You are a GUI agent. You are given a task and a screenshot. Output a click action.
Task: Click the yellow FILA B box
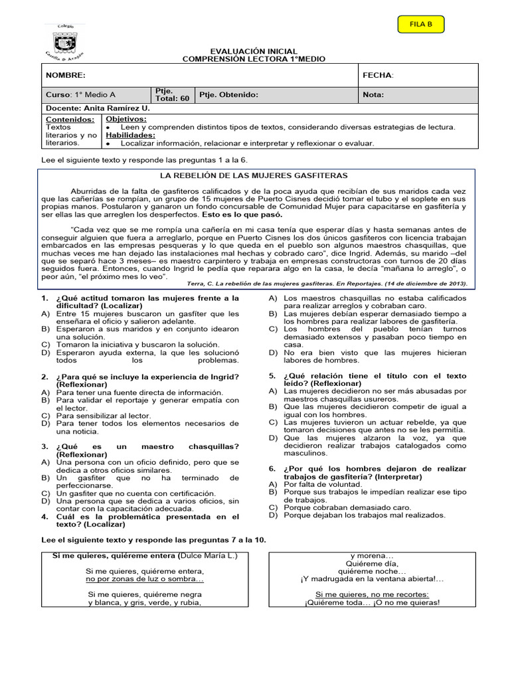point(420,25)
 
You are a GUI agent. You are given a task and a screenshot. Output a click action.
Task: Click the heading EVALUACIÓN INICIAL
point(254,51)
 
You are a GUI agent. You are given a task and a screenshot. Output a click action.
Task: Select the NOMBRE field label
point(65,76)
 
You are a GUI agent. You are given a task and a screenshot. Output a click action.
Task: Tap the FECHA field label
point(378,76)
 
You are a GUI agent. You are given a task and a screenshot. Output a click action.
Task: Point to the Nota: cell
point(374,95)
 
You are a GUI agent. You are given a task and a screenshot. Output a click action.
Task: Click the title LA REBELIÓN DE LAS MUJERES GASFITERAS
point(255,175)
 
